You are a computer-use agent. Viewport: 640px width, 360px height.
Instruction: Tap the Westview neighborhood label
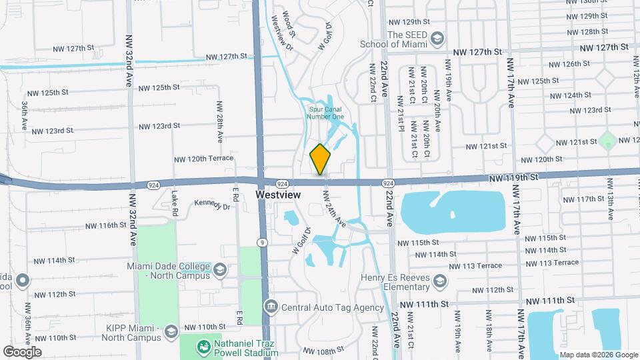[x=279, y=195]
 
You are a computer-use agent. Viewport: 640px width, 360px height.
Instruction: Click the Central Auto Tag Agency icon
[x=271, y=307]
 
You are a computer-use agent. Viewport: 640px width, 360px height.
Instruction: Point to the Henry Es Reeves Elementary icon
[x=439, y=282]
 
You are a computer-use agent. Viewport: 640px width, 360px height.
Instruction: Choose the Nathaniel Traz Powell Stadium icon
[x=201, y=347]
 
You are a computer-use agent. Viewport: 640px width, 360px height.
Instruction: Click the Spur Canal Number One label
[x=325, y=113]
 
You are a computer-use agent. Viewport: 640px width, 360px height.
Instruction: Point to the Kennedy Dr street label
[x=212, y=205]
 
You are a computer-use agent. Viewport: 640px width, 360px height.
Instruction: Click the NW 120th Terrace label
[x=204, y=159]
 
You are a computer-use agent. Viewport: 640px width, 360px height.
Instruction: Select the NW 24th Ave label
[x=335, y=208]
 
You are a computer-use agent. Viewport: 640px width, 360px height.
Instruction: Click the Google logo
[x=22, y=351]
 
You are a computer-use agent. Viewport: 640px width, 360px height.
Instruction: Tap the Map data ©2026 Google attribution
[x=598, y=355]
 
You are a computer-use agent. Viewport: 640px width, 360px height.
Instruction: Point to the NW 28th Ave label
[x=219, y=122]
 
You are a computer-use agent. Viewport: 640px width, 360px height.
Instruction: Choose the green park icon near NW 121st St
[x=607, y=141]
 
